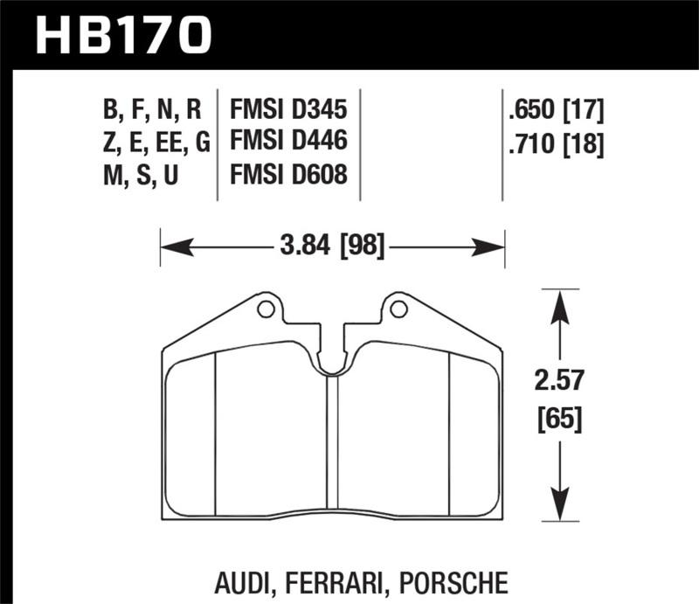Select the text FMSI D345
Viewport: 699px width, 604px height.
(288, 110)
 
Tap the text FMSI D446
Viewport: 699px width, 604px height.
(288, 142)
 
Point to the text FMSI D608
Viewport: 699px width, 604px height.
(288, 175)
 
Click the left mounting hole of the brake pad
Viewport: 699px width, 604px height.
(266, 309)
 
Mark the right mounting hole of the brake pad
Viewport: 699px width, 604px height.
(398, 309)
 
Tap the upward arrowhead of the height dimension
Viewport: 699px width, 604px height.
(560, 302)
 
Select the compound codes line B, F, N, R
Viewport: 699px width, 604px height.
(151, 110)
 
